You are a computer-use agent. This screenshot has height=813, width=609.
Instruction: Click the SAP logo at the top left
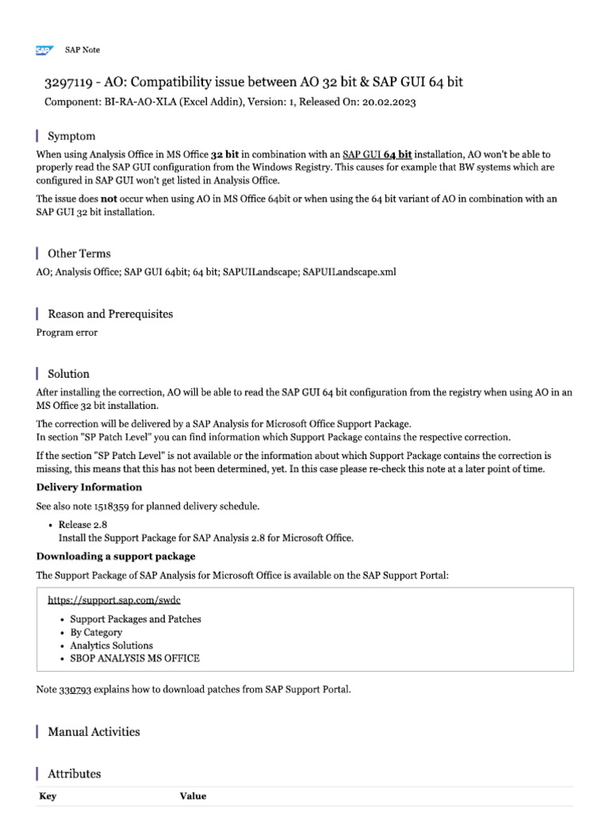[x=43, y=50]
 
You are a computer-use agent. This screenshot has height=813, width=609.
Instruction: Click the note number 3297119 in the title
[x=67, y=83]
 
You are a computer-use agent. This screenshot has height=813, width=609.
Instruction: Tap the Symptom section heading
[x=71, y=137]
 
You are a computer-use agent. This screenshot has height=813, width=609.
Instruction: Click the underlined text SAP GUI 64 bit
[x=377, y=155]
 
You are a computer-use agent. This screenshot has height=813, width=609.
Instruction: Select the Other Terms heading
[x=79, y=254]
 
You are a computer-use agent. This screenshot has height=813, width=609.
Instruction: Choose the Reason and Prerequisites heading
[x=110, y=314]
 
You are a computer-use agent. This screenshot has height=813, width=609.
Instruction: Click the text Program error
[x=67, y=333]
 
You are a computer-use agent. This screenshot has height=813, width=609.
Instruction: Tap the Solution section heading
[x=68, y=374]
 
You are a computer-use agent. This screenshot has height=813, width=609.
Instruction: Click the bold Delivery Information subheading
[x=89, y=487]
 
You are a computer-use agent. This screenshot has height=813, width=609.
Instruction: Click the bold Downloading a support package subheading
[x=116, y=557]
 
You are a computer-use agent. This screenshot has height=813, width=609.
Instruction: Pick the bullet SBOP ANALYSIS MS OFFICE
[x=135, y=658]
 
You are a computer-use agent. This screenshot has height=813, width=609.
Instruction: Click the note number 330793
[x=76, y=689]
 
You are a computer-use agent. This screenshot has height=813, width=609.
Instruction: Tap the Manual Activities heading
[x=94, y=732]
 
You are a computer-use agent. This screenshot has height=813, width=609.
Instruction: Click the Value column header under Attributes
[x=193, y=796]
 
